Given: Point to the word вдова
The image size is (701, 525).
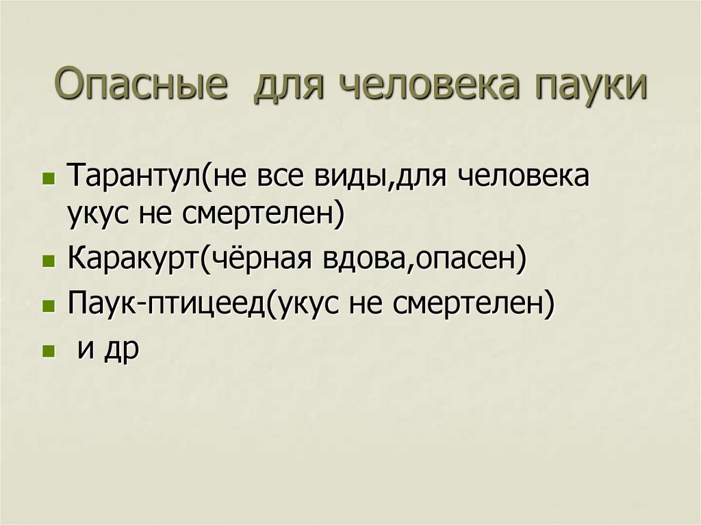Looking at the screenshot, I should (362, 260).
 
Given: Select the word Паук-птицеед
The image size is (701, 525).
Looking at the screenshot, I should (165, 304).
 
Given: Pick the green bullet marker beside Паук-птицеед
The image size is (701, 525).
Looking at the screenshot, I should (48, 305).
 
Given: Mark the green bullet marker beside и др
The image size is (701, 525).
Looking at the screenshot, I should (48, 350).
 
